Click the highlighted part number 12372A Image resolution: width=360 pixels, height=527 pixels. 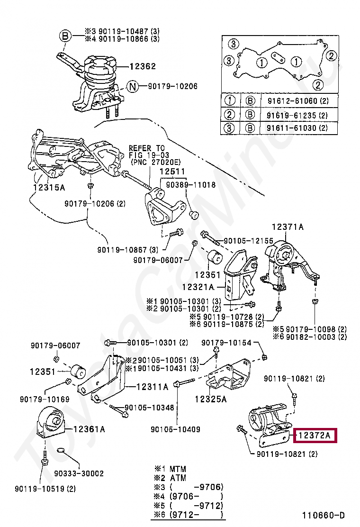(315, 436)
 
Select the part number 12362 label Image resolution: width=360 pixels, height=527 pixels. (143, 66)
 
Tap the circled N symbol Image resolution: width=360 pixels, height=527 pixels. (133, 87)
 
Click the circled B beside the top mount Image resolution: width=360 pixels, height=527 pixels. (65, 36)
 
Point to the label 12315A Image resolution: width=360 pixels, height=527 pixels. (49, 187)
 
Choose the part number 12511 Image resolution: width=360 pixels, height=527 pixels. (172, 172)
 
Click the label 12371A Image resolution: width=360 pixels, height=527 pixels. (288, 227)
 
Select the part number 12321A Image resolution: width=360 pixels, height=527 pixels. (198, 287)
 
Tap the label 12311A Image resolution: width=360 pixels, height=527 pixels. (152, 387)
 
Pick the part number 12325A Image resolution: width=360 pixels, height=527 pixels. (211, 399)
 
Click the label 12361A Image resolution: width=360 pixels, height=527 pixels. (89, 429)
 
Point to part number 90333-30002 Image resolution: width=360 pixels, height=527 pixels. (79, 473)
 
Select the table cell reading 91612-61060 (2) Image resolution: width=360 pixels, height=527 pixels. (298, 101)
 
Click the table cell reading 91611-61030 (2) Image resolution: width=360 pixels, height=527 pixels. (297, 127)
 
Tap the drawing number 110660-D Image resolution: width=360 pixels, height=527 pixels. (324, 515)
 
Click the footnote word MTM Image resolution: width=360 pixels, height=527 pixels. (178, 469)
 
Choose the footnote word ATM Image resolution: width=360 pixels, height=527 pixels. (178, 478)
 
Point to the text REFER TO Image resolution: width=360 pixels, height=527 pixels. (147, 148)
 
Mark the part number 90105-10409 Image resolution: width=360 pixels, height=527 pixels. (175, 429)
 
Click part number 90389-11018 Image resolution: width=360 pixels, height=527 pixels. (191, 184)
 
